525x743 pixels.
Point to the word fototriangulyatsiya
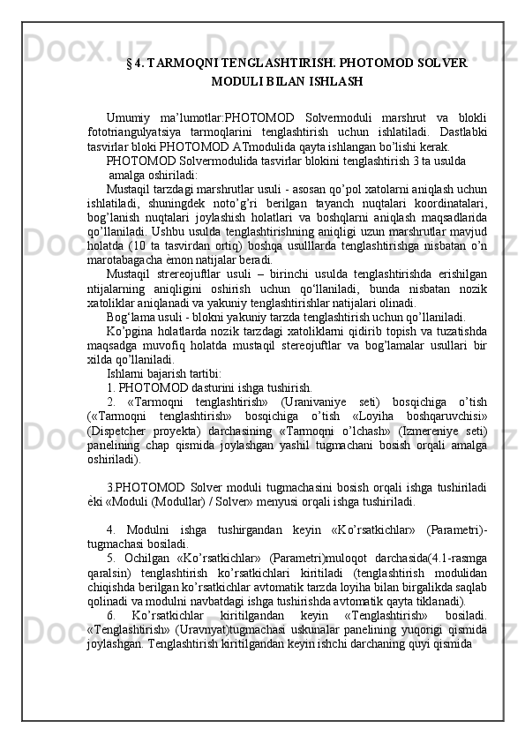point(139,131)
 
